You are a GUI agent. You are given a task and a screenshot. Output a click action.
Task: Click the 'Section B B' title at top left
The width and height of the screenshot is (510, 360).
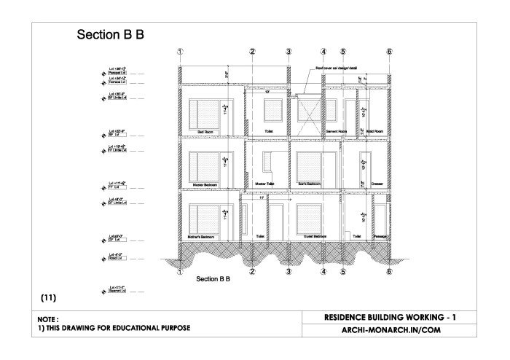pyautogui.click(x=109, y=35)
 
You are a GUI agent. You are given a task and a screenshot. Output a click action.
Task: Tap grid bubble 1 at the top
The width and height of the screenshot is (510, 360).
pyautogui.click(x=180, y=52)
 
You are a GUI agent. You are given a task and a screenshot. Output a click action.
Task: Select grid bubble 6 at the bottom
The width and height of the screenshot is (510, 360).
pyautogui.click(x=390, y=272)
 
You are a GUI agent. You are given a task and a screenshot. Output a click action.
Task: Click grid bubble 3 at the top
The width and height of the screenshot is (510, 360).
pyautogui.click(x=289, y=52)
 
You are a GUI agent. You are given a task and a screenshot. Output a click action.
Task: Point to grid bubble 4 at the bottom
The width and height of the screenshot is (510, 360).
pyautogui.click(x=323, y=272)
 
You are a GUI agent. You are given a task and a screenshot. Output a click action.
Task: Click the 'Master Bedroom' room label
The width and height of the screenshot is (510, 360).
pyautogui.click(x=207, y=184)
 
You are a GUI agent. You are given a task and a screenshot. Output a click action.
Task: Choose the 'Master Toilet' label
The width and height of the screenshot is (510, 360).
pyautogui.click(x=265, y=184)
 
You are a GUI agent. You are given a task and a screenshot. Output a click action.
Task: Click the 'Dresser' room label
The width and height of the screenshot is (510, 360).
pyautogui.click(x=377, y=184)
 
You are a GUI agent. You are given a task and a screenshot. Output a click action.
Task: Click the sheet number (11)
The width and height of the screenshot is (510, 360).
pyautogui.click(x=49, y=297)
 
